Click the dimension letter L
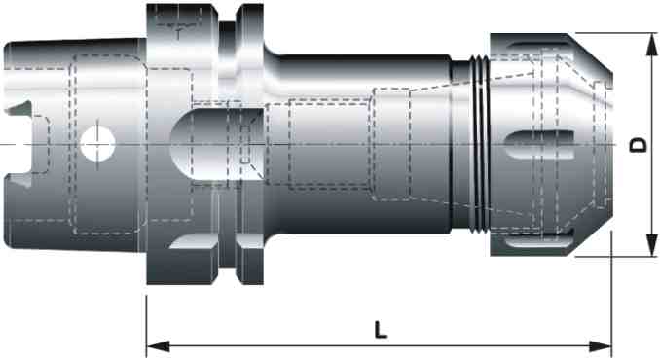[x=381, y=329]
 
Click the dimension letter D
[x=638, y=145]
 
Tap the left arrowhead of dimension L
[x=154, y=345]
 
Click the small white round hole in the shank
[x=96, y=145]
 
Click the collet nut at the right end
[x=545, y=146]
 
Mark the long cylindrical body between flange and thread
[x=360, y=146]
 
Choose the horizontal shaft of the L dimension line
[x=292, y=345]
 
